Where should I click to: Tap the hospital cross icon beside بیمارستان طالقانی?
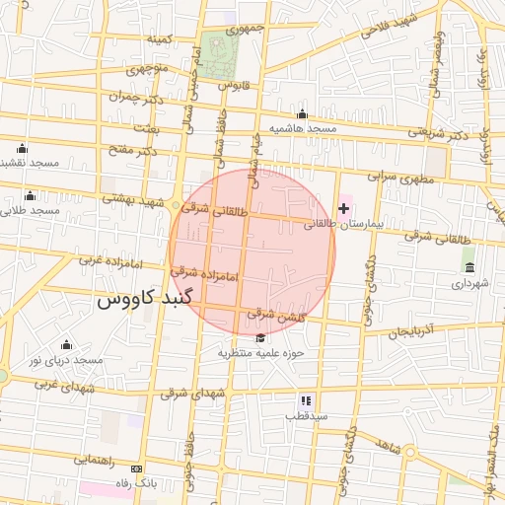click(343, 208)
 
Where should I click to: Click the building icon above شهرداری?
click(469, 267)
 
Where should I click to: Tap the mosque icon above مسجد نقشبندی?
click(22, 147)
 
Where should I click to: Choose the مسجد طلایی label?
click(32, 210)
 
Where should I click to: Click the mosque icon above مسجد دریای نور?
click(66, 344)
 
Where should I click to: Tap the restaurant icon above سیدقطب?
click(306, 401)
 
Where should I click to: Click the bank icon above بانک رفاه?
click(136, 469)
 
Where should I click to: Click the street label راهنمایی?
click(94, 460)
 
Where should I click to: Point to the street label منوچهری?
click(148, 69)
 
